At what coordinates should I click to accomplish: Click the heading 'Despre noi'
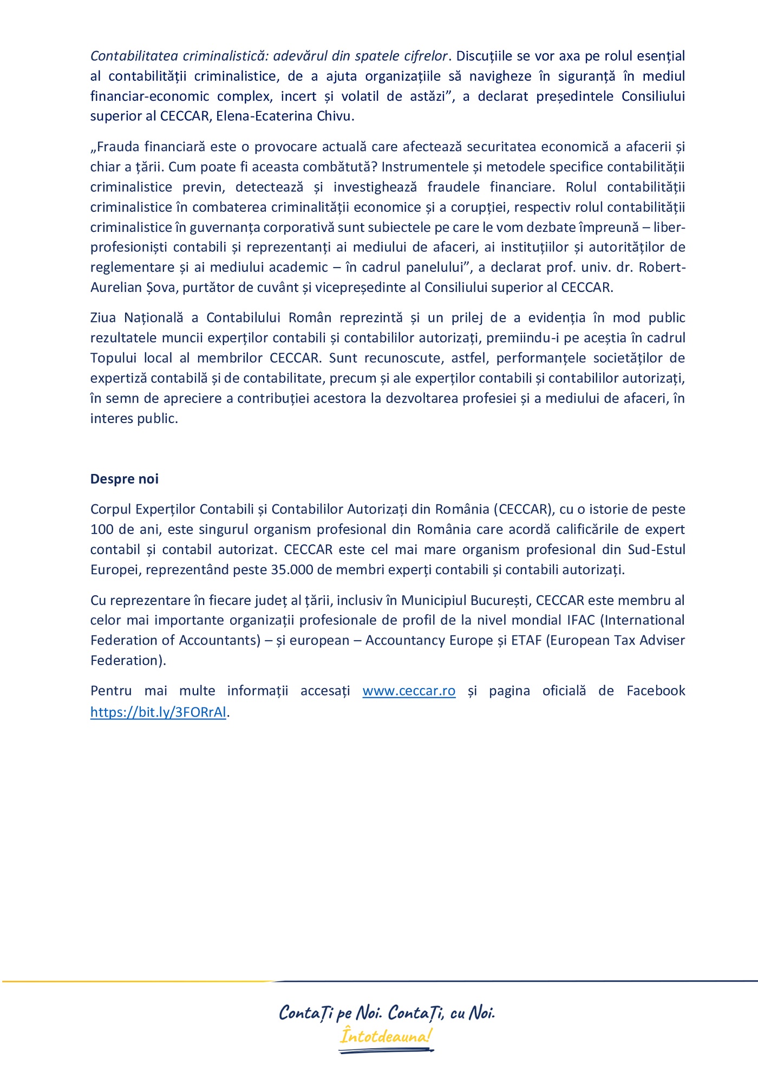124,479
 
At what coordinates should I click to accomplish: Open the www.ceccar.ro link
409,691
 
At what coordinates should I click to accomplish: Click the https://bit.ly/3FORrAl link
158,712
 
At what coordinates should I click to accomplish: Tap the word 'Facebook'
656,691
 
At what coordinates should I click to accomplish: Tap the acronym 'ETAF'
526,640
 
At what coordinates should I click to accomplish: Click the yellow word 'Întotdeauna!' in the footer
385,1037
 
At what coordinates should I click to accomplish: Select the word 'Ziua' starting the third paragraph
103,318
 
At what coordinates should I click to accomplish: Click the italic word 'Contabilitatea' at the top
134,56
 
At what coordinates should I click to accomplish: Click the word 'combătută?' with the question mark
339,167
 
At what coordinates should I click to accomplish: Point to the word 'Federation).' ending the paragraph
128,661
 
